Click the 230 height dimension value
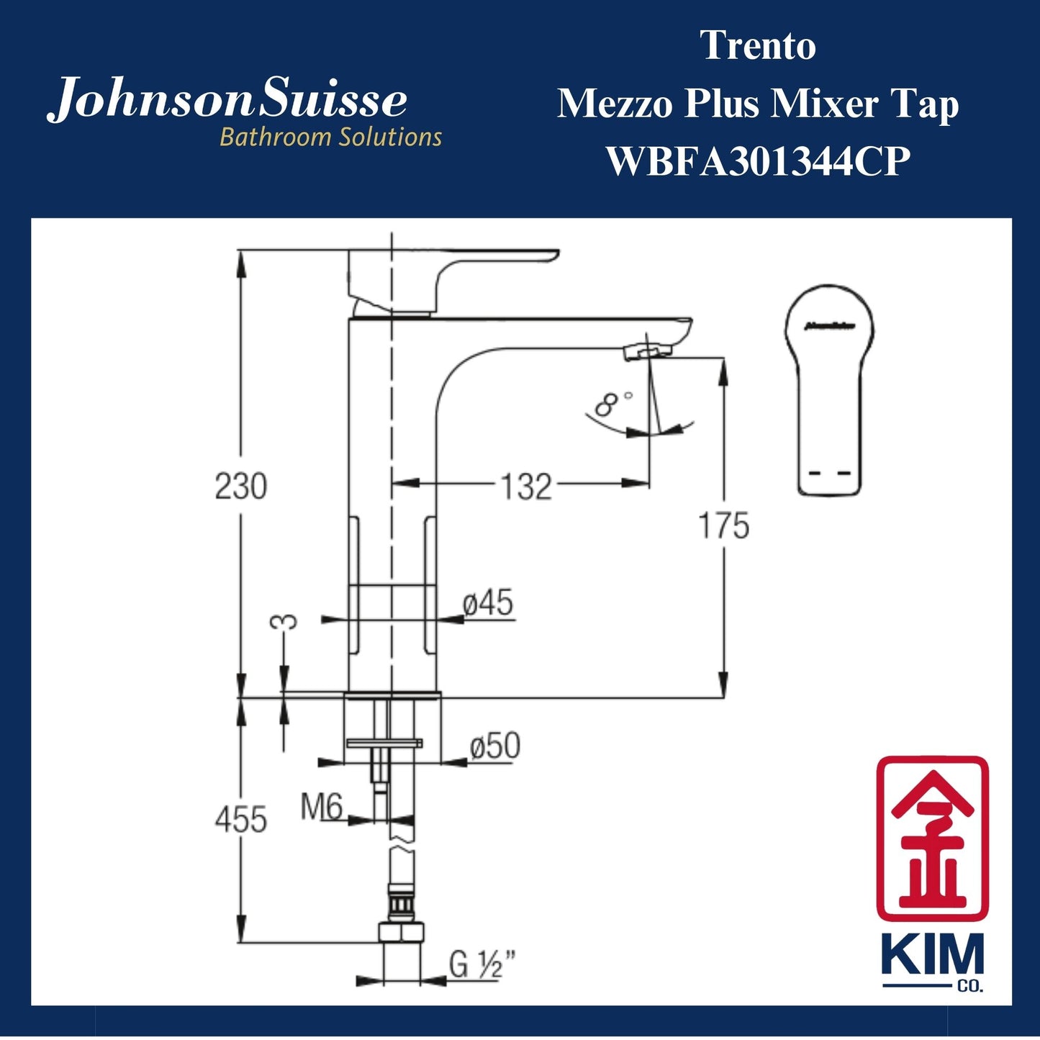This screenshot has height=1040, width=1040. [x=240, y=487]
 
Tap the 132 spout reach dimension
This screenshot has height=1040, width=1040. [x=526, y=487]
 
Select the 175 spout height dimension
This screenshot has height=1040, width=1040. [x=723, y=526]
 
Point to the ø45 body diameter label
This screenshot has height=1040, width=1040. [x=488, y=603]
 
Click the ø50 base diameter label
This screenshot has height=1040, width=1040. [x=494, y=746]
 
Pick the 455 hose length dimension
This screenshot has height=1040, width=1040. [x=240, y=820]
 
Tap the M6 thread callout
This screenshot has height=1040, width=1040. [x=321, y=808]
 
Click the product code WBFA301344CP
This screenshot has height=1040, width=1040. [x=758, y=161]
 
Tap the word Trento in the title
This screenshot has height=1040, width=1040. [x=758, y=46]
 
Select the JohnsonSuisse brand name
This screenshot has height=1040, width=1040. [x=227, y=101]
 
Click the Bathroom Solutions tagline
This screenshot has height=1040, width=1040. [x=330, y=137]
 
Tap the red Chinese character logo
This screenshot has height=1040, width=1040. [x=932, y=838]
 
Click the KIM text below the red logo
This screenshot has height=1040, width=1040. [x=932, y=958]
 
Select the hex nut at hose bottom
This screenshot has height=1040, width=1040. [x=402, y=933]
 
